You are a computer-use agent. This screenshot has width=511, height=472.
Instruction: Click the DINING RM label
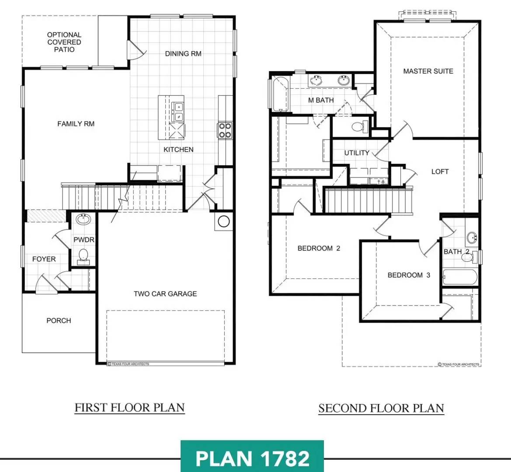(x=183, y=53)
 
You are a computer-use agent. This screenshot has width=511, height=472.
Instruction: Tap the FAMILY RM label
(x=76, y=124)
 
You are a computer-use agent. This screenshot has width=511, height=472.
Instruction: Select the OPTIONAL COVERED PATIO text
(x=64, y=42)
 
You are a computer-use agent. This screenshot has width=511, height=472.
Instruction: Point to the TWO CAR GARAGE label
(x=165, y=294)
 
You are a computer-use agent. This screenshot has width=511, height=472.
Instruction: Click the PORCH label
(x=59, y=320)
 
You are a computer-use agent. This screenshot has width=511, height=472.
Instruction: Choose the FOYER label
(x=44, y=259)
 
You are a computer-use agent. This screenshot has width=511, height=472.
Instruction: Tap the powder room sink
(x=84, y=219)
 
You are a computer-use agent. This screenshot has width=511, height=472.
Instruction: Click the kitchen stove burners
(x=225, y=130)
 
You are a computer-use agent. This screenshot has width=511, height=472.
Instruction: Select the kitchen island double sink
(x=178, y=112)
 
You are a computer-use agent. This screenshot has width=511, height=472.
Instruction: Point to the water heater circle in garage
(x=223, y=222)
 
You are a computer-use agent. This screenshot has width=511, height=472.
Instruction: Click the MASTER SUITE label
(x=428, y=71)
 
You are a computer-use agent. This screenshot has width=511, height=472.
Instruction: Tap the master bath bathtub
(x=280, y=94)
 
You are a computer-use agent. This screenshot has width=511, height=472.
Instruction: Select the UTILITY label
(x=357, y=153)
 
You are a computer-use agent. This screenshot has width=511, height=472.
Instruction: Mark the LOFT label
(x=440, y=171)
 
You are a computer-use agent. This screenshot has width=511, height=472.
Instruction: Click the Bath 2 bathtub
(x=460, y=277)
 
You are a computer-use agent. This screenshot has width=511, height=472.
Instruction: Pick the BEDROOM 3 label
(x=409, y=275)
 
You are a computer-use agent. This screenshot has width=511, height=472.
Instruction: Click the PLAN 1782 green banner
(x=252, y=456)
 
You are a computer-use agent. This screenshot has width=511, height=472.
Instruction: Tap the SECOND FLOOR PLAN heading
(x=381, y=408)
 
